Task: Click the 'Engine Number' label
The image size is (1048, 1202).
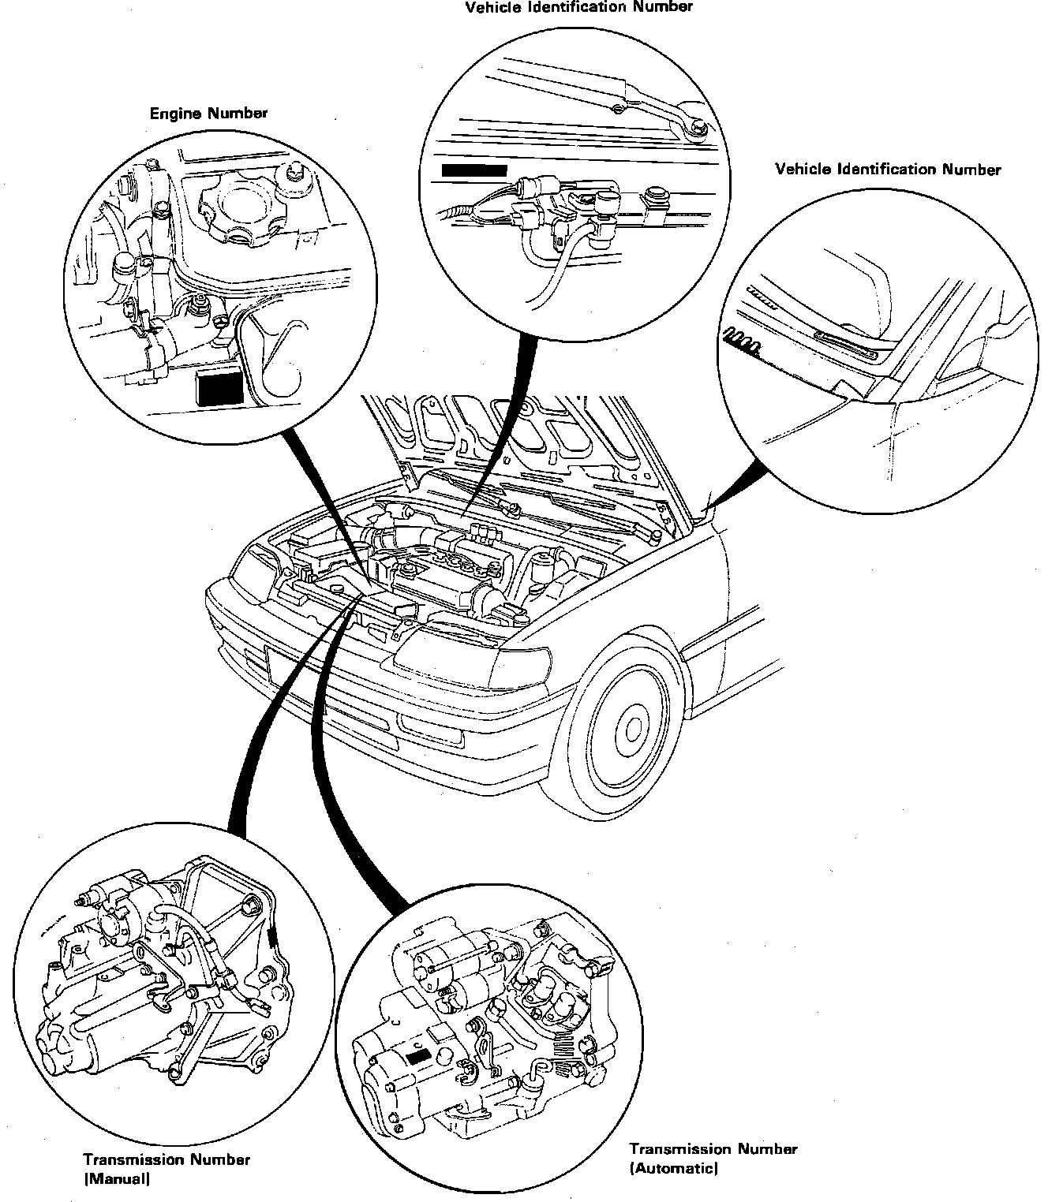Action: coord(208,113)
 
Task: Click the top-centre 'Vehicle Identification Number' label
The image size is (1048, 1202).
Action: coord(578,7)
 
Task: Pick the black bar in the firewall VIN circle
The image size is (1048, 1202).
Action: coord(473,170)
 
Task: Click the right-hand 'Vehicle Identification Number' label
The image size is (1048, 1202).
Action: coord(888,169)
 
